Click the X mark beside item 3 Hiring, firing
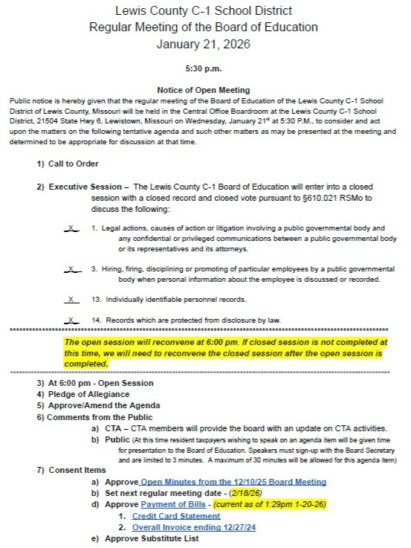point(72,268)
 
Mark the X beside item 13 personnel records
point(72,299)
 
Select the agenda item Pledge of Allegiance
point(97,394)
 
